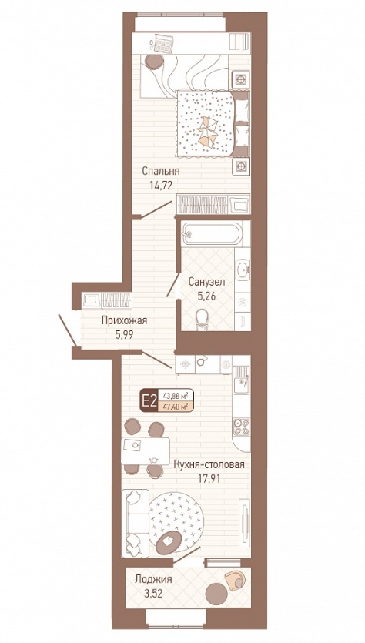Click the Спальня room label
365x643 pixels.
click(161, 171)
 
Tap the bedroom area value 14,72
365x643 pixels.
click(161, 185)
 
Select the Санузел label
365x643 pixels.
click(206, 282)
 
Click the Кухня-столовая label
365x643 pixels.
click(209, 464)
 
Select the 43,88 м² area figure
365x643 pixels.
click(176, 396)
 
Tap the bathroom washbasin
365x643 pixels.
click(243, 270)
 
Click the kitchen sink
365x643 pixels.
click(242, 383)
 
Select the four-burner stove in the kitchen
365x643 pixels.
click(242, 426)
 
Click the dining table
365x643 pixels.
click(146, 451)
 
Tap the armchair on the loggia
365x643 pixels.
click(236, 581)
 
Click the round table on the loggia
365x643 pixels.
click(217, 594)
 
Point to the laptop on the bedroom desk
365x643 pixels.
click(162, 42)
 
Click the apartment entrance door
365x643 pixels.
click(68, 330)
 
